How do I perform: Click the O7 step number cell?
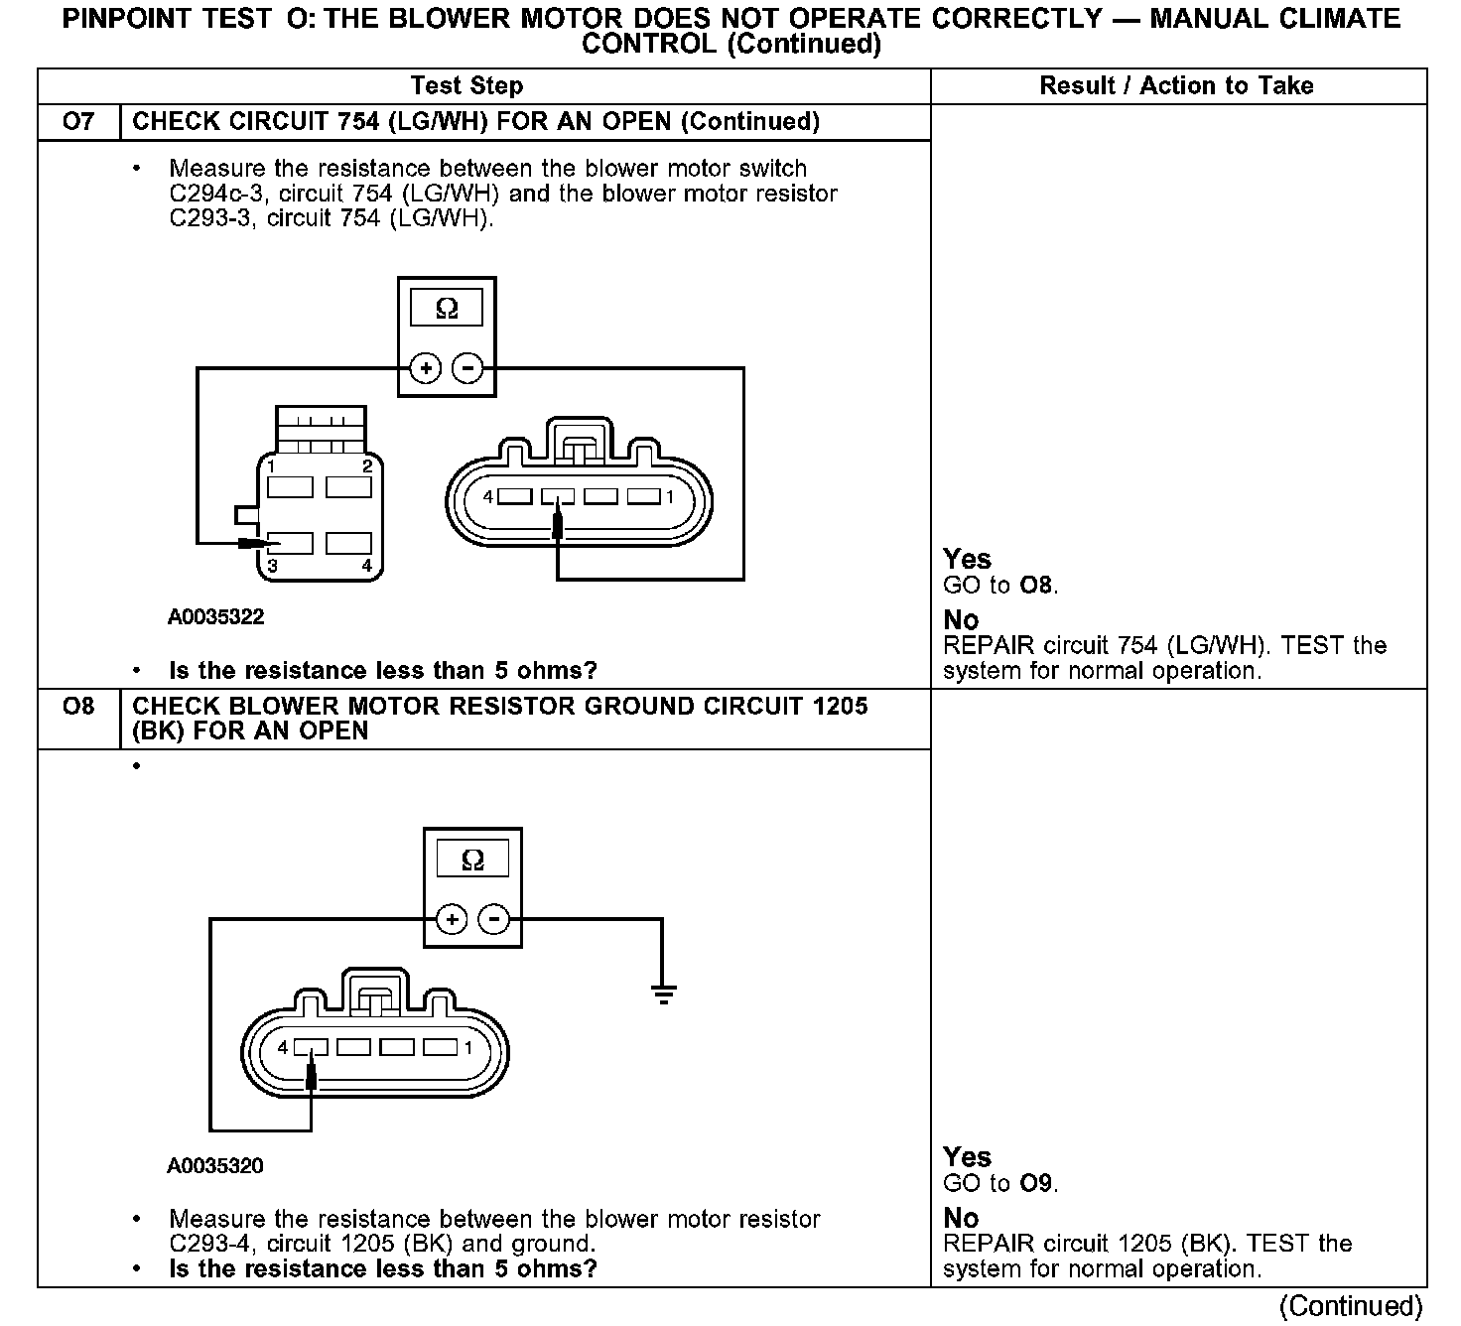point(78,121)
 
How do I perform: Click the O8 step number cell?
point(78,707)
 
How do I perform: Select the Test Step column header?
point(466,86)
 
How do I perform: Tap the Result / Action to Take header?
point(1176,86)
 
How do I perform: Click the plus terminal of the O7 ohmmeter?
point(426,369)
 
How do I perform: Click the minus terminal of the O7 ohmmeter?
point(467,369)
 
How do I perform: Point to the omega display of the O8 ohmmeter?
point(473,860)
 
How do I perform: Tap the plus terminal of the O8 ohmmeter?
point(452,919)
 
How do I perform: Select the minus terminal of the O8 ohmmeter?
point(493,919)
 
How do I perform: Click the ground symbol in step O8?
point(663,993)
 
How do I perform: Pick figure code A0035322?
point(215,617)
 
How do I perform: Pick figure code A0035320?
point(215,1166)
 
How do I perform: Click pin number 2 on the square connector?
point(367,465)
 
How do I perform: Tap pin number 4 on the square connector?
point(366,566)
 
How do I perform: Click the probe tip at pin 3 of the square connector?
point(255,543)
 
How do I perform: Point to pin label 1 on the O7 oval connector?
point(670,496)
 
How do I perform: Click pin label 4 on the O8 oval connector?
point(283,1047)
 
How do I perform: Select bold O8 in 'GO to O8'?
point(1036,586)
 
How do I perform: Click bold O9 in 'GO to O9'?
point(1036,1183)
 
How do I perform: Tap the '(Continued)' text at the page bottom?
point(1352,1306)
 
